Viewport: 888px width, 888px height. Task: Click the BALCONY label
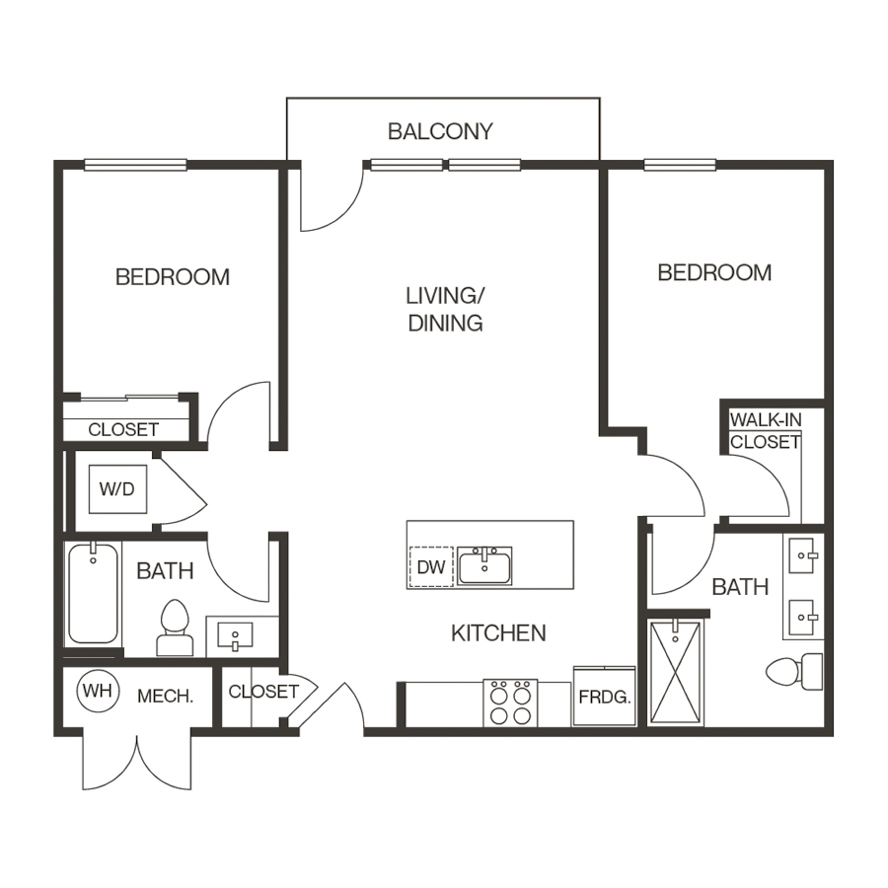(x=440, y=131)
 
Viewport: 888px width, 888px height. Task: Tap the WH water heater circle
(x=98, y=691)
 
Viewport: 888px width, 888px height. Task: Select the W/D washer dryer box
(x=117, y=489)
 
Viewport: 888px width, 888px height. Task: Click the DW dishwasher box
(x=431, y=567)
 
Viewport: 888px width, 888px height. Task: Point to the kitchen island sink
(x=484, y=566)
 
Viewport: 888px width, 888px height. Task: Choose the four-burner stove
(x=510, y=703)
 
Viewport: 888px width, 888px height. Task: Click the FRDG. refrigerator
(x=604, y=696)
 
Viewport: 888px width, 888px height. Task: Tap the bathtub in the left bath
(x=94, y=593)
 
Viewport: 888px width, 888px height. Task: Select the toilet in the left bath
(x=175, y=628)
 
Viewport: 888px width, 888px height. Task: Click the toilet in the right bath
(x=794, y=672)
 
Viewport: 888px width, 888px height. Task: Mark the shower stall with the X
(x=676, y=673)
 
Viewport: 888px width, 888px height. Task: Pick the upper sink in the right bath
(x=804, y=555)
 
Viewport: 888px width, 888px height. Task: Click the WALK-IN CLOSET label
(x=766, y=431)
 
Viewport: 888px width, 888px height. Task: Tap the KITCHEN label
(x=498, y=633)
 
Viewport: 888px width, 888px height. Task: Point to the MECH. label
(x=166, y=696)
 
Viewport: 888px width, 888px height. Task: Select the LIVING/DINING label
(x=445, y=309)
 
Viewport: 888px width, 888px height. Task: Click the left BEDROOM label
(x=172, y=277)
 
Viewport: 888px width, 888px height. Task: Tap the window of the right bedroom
(x=680, y=165)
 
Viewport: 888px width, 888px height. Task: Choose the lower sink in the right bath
(x=804, y=618)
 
